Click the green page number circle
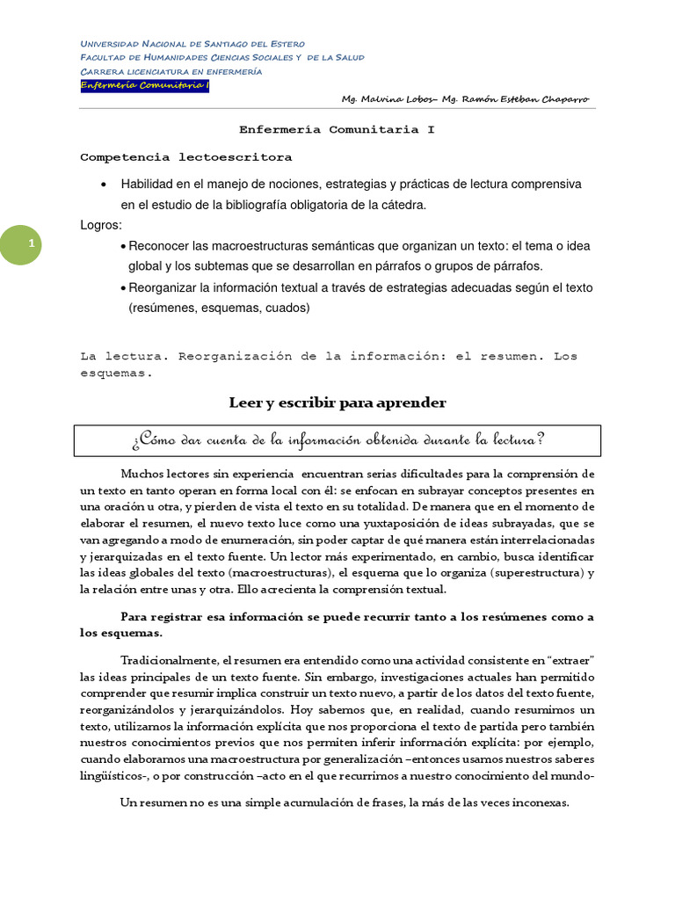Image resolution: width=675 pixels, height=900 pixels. [31, 243]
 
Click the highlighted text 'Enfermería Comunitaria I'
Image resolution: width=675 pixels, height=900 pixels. [144, 85]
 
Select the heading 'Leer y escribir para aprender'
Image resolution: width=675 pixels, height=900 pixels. [337, 403]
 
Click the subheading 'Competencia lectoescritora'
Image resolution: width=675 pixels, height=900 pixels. [185, 157]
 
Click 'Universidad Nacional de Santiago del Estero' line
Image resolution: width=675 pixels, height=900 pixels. [192, 43]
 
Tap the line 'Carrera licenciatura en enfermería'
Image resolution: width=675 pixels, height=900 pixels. [171, 71]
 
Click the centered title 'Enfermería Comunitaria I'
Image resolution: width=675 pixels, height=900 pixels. [337, 129]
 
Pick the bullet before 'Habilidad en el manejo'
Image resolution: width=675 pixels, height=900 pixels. [105, 185]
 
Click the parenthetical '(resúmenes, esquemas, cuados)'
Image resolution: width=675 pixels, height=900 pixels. [219, 308]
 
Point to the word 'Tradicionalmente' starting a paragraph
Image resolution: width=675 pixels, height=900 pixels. [170, 660]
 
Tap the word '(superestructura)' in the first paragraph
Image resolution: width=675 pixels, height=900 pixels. [533, 573]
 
